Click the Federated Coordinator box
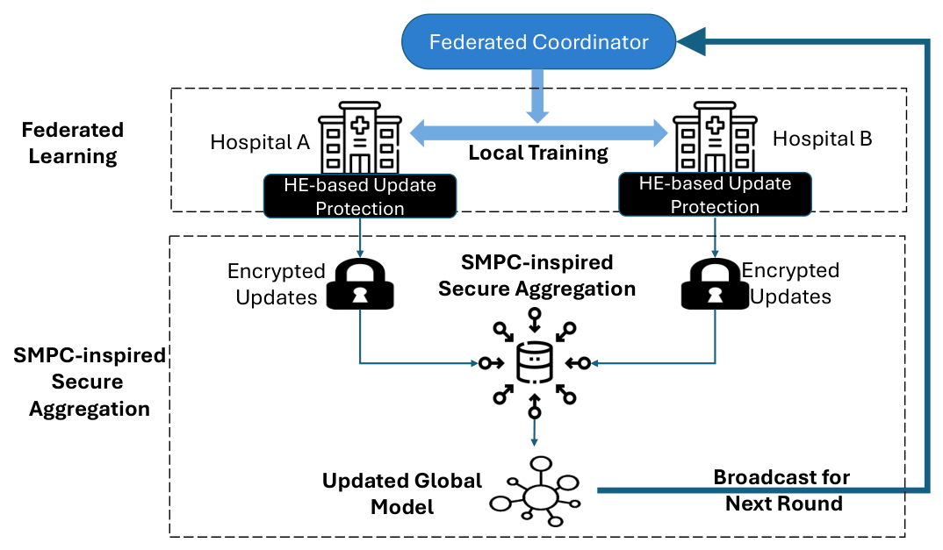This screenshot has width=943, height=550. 538,41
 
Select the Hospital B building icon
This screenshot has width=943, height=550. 715,137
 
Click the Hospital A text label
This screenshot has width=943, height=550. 260,142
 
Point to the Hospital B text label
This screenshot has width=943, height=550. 822,139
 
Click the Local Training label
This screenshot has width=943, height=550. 538,153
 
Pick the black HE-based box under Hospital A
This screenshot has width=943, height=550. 360,196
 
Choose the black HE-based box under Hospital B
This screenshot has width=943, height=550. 715,194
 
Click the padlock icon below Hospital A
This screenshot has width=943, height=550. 360,283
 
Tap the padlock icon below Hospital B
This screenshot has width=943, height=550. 715,283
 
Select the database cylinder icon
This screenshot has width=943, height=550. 535,362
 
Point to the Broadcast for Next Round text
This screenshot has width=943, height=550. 782,489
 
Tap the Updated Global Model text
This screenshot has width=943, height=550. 402,494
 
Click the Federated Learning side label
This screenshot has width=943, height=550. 73,143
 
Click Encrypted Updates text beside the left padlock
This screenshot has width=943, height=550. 276,283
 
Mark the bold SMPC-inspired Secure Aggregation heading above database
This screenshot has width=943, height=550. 536,275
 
